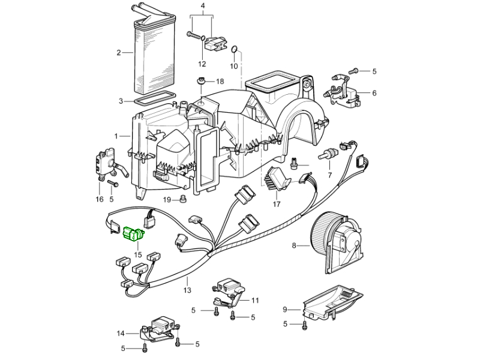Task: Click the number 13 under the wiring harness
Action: pos(187,290)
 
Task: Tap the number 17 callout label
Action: pos(277,204)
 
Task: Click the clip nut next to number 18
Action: pos(200,81)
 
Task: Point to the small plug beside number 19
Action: pos(184,198)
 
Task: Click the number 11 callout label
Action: pos(255,300)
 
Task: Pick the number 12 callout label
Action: pos(202,64)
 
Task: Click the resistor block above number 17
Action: pos(277,176)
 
